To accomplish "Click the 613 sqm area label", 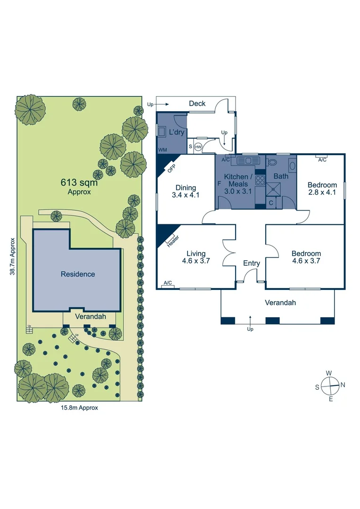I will click(79, 183).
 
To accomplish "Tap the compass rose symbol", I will click(331, 385).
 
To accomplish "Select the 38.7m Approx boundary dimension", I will click(13, 256).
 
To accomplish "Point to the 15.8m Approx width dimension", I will click(79, 408).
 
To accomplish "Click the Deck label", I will click(197, 103).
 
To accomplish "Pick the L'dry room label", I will click(176, 132).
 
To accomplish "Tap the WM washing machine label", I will click(163, 149).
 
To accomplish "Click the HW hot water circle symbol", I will click(198, 147).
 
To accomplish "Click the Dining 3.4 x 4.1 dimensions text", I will click(186, 194).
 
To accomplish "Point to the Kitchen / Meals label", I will click(238, 180).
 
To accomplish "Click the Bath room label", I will click(281, 176).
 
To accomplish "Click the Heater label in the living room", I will click(172, 241).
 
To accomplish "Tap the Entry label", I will click(252, 263).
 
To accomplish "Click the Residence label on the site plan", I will click(78, 274).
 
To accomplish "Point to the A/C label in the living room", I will click(167, 283).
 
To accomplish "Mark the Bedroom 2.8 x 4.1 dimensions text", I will click(322, 192).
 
